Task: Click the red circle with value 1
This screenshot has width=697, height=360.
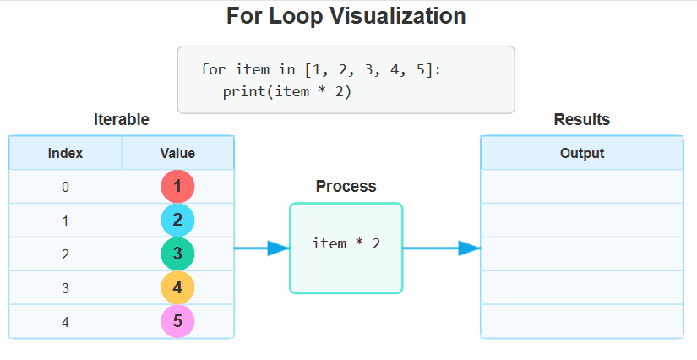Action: pos(177,186)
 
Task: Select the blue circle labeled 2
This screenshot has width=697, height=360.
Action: pos(177,220)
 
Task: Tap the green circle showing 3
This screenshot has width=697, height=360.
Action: pos(177,254)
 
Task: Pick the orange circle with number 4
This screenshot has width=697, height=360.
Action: pos(177,287)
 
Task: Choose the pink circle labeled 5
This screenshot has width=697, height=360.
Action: pos(177,321)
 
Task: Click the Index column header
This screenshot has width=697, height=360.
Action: pos(65,153)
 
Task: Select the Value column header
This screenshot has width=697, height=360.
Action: pos(177,153)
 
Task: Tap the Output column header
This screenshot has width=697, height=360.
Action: pos(582,153)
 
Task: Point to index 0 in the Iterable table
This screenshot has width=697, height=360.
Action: pos(65,187)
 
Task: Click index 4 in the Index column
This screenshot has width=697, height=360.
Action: pos(65,322)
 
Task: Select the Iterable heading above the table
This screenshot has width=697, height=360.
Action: pos(122,119)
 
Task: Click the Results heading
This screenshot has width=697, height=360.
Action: pos(582,119)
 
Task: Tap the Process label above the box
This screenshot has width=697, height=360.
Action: pos(346,186)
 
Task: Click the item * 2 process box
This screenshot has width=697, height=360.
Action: pos(346,248)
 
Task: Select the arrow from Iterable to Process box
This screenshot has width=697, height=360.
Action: pos(262,248)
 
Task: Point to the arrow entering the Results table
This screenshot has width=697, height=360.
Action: pos(442,248)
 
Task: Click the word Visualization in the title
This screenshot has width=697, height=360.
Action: pos(398,16)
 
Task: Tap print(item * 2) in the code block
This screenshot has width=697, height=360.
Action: pos(287,92)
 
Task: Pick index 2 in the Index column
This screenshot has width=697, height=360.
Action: pos(65,254)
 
